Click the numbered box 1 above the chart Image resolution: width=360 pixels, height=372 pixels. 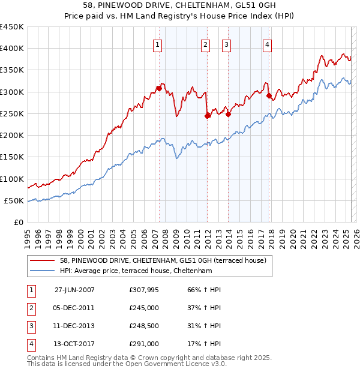pos(157,44)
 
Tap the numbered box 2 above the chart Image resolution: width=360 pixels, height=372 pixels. pos(205,44)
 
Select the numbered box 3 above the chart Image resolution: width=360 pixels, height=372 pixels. pos(227,44)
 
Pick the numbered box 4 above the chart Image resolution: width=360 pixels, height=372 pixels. pos(266,44)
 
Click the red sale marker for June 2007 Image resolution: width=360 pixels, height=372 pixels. pos(159,88)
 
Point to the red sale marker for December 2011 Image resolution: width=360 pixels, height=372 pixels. pos(207,116)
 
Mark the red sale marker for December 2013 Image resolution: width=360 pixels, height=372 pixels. pos(229,114)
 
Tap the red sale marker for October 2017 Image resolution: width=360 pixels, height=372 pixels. pos(269,95)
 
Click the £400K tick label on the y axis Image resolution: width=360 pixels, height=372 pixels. pos(12,49)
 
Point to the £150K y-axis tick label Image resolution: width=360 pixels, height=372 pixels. pos(12,157)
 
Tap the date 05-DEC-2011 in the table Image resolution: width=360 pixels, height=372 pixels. pos(74,308)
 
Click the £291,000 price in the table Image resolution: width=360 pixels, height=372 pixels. pos(144,344)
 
